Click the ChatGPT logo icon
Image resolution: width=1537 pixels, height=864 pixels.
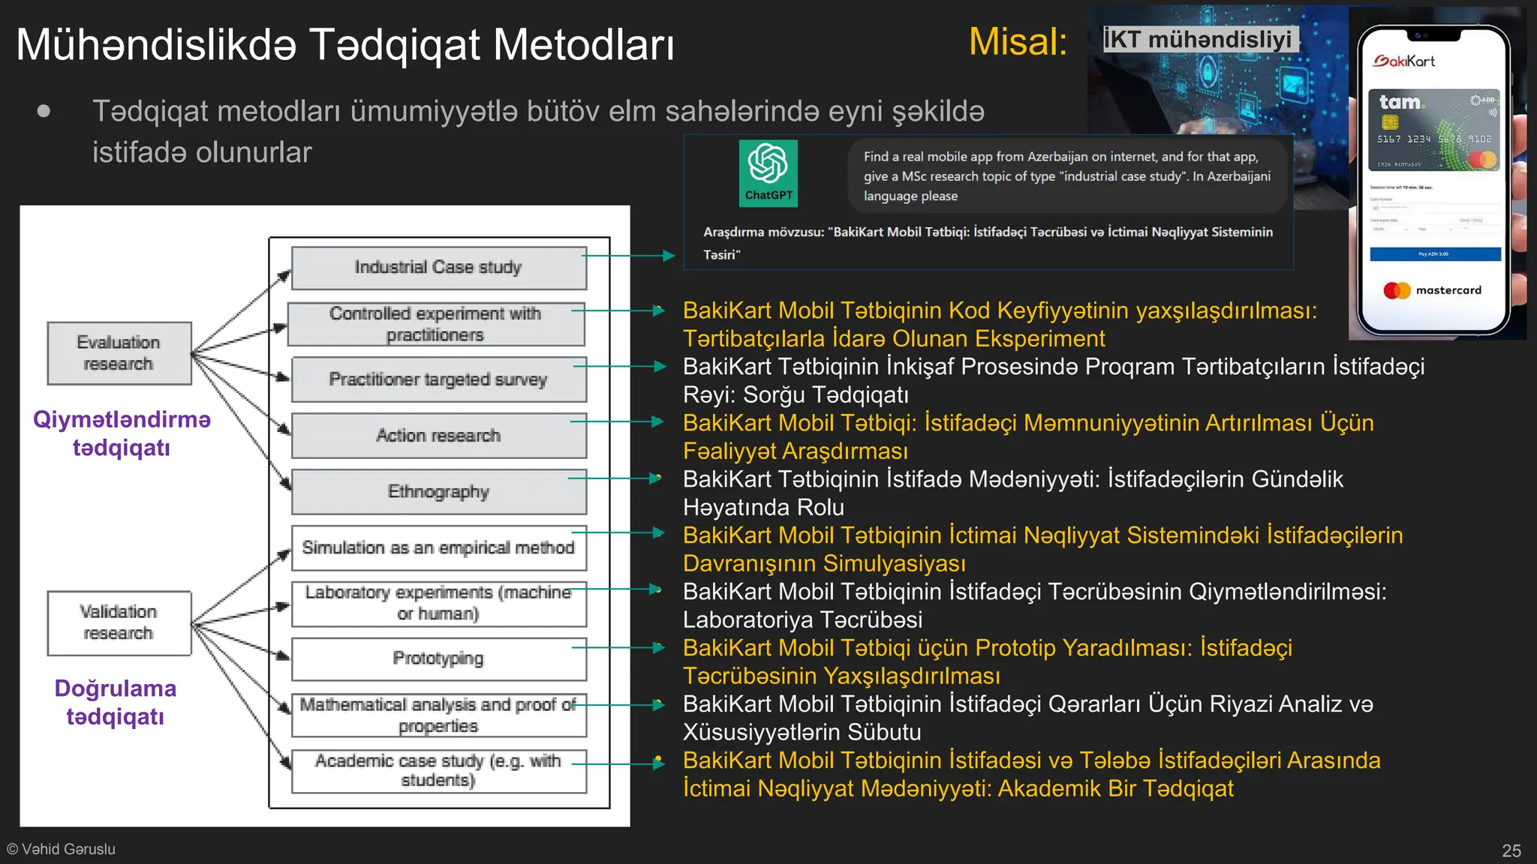(x=768, y=172)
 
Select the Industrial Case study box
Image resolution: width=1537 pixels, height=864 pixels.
(x=438, y=268)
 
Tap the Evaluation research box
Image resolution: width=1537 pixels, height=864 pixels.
(x=119, y=353)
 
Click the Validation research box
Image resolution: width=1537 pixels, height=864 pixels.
(x=119, y=622)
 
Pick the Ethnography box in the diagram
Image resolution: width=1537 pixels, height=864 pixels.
(x=438, y=492)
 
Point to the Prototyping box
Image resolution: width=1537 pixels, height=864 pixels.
(x=438, y=658)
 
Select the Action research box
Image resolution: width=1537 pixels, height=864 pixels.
(x=438, y=436)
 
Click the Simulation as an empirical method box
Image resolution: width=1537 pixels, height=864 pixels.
(x=438, y=548)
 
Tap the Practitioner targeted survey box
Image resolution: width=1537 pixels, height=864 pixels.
(x=438, y=379)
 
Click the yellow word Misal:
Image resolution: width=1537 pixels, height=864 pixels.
(x=1018, y=42)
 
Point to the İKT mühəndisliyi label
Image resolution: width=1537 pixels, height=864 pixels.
(x=1198, y=39)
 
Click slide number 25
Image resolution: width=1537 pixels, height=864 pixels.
(x=1511, y=850)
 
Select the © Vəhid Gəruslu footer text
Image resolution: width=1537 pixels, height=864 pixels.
(x=62, y=849)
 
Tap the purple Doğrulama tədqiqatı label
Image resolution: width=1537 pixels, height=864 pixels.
(x=116, y=702)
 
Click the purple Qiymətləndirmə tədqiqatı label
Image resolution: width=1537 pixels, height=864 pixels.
(x=122, y=433)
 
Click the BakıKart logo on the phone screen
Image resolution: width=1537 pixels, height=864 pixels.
(x=1404, y=61)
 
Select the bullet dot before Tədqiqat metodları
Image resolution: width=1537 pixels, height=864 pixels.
(x=44, y=112)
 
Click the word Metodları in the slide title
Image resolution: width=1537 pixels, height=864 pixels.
(x=583, y=45)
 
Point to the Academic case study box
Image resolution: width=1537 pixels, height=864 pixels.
(x=438, y=771)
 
